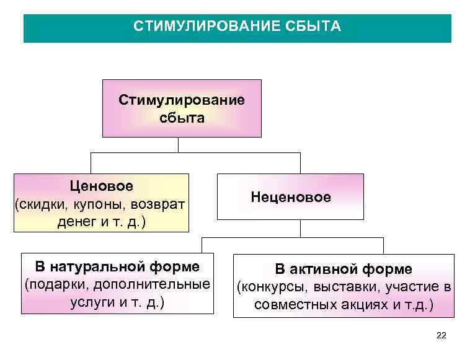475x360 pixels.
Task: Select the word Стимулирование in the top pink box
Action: pos(182,100)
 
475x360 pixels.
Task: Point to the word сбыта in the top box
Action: pos(182,117)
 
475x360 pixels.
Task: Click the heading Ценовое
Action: pos(102,186)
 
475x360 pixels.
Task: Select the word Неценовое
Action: pos(291,198)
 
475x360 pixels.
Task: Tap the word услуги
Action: pos(88,303)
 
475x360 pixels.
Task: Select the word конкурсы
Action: pos(272,288)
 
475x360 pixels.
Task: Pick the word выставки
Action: pos(347,288)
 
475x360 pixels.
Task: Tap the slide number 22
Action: pos(441,335)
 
